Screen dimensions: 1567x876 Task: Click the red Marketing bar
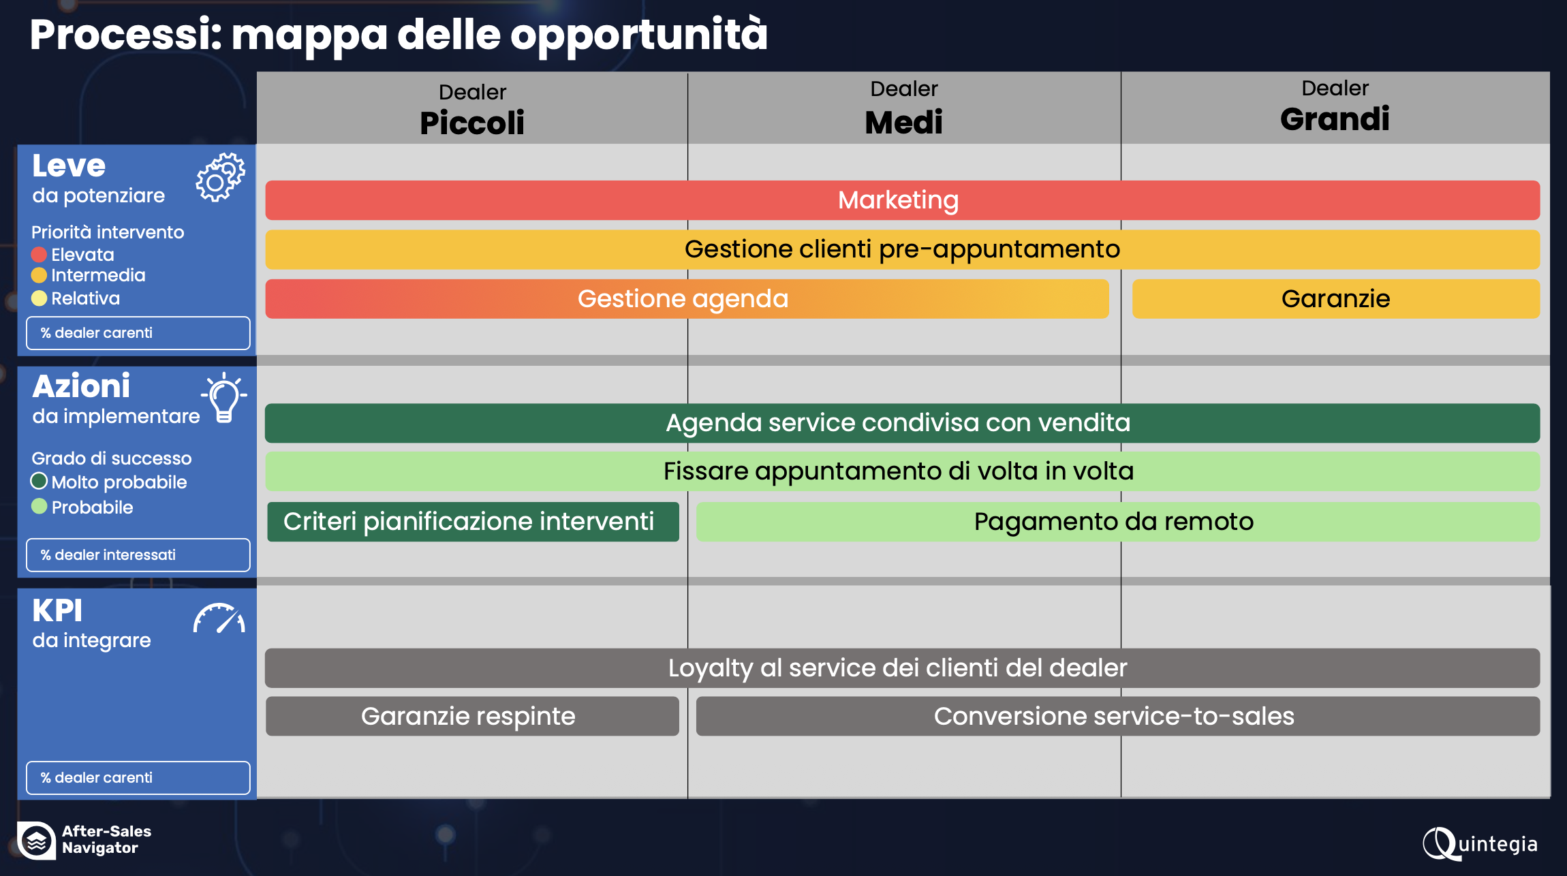902,200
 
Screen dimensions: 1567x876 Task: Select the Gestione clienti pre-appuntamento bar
902,249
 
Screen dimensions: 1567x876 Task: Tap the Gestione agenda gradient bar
687,298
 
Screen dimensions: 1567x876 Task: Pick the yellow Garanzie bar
1335,298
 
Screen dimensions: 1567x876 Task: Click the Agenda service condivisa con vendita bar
902,423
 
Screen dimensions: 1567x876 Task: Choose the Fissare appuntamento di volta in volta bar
902,471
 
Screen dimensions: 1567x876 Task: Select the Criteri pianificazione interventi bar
473,522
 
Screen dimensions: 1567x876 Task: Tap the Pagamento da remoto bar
1118,522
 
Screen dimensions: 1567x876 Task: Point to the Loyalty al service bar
902,668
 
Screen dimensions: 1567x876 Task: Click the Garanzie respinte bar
472,716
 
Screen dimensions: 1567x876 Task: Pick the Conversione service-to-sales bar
1118,716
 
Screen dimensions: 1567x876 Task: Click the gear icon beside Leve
220,177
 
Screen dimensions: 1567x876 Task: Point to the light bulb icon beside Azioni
224,398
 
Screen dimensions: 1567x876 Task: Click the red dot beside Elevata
39,255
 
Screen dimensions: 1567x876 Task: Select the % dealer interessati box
138,555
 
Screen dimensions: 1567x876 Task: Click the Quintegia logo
1480,844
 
